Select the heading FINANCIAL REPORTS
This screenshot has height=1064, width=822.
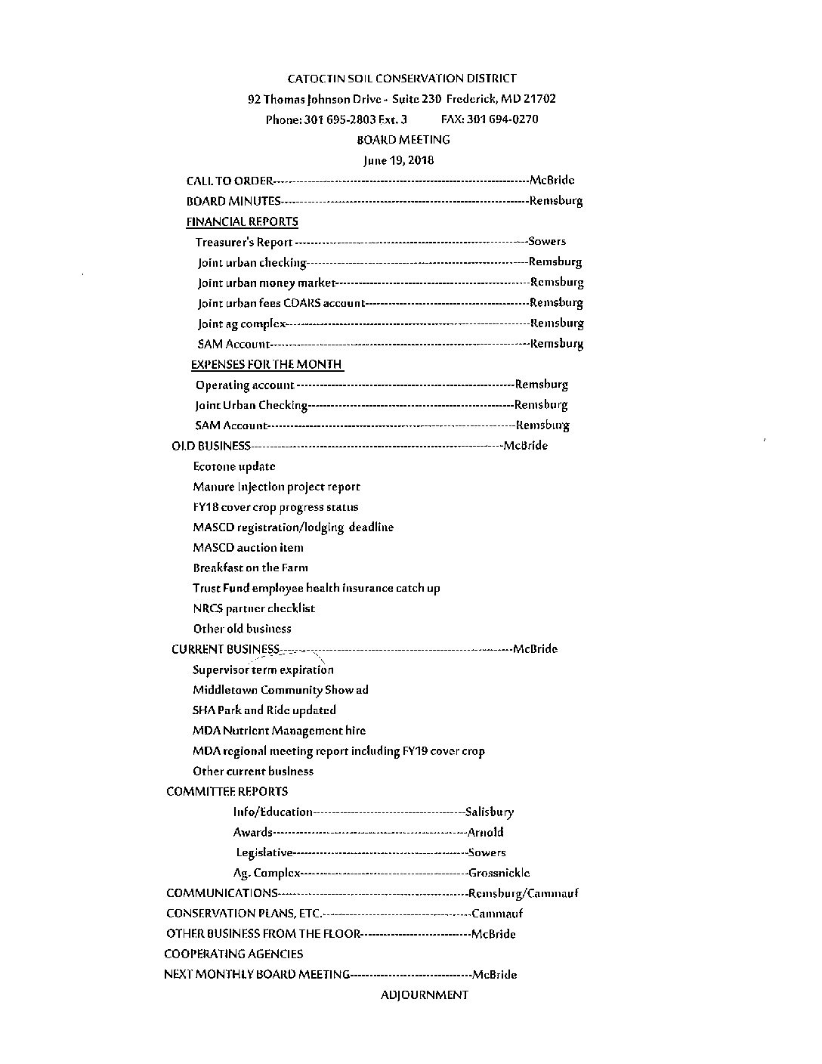pyautogui.click(x=242, y=221)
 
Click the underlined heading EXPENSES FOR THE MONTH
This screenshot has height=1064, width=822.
pyautogui.click(x=267, y=364)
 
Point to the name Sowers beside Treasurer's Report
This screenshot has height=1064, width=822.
pyautogui.click(x=547, y=242)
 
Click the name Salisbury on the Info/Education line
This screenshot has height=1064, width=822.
pyautogui.click(x=490, y=812)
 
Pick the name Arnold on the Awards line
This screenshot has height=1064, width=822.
pyautogui.click(x=486, y=833)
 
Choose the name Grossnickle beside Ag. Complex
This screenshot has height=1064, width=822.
pyautogui.click(x=499, y=873)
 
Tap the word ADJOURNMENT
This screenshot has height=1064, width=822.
pyautogui.click(x=424, y=995)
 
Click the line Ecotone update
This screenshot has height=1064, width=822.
pyautogui.click(x=234, y=467)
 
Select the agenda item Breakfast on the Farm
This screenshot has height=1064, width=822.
pyautogui.click(x=250, y=568)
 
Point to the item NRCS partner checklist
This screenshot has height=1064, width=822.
pyautogui.click(x=254, y=608)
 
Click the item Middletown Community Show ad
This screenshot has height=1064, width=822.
pyautogui.click(x=280, y=690)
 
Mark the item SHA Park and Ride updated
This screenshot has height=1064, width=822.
pyautogui.click(x=264, y=710)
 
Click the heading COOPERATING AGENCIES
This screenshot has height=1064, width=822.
pyautogui.click(x=233, y=954)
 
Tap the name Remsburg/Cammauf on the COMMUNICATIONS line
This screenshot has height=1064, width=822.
pyautogui.click(x=524, y=893)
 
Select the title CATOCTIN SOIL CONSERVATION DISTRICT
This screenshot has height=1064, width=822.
pyautogui.click(x=402, y=79)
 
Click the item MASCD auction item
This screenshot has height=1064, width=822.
pyautogui.click(x=248, y=548)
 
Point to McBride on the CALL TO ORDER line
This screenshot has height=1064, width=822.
pyautogui.click(x=552, y=181)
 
